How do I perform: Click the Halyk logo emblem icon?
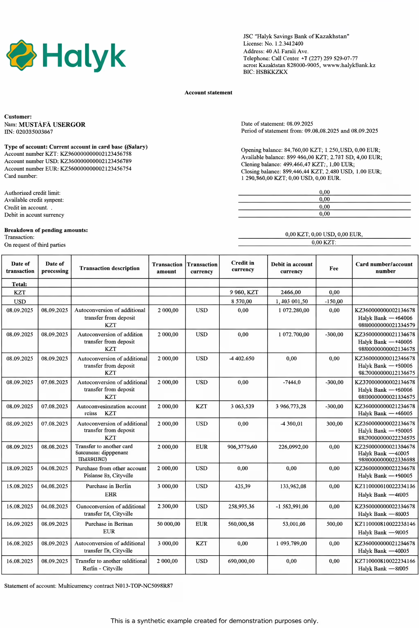pyautogui.click(x=22, y=55)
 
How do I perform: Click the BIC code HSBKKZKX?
pyautogui.click(x=265, y=72)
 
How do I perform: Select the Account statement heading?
pyautogui.click(x=208, y=93)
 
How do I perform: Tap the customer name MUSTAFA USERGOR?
pyautogui.click(x=52, y=125)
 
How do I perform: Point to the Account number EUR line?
pyautogui.click(x=68, y=169)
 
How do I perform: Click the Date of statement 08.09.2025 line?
pyautogui.click(x=277, y=124)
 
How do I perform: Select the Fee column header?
pyautogui.click(x=334, y=269)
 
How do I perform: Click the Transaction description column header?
pyautogui.click(x=110, y=268)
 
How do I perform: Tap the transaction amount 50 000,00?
pyautogui.click(x=168, y=524)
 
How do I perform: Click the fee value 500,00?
pyautogui.click(x=334, y=524)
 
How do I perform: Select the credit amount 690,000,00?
pyautogui.click(x=243, y=561)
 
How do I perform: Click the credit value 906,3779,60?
pyautogui.click(x=243, y=447)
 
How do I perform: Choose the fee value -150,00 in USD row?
pyautogui.click(x=334, y=301)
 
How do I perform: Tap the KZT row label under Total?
pyautogui.click(x=20, y=293)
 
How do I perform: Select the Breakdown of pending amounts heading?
pyautogui.click(x=46, y=230)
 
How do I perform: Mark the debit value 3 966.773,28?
pyautogui.click(x=291, y=406)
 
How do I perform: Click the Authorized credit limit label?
pyautogui.click(x=32, y=193)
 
